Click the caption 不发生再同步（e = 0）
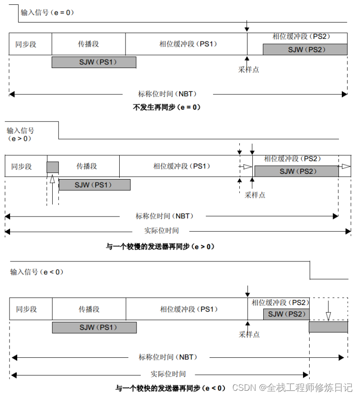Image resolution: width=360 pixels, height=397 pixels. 167,108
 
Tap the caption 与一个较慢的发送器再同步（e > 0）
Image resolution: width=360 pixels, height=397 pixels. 160,247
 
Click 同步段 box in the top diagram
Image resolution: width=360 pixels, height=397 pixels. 26,44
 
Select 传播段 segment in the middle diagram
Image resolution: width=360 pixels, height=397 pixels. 87,166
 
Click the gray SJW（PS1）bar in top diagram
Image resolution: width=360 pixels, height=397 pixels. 94,62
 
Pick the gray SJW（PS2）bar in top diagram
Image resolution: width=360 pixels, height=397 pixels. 305,49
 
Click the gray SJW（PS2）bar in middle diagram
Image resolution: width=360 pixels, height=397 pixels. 296,171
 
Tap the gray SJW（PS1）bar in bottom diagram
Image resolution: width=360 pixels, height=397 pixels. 94,328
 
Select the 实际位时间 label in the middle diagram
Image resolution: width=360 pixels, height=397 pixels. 162,230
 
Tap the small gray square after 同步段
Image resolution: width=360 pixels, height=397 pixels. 53,167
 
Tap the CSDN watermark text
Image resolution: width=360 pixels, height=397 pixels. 292,387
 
